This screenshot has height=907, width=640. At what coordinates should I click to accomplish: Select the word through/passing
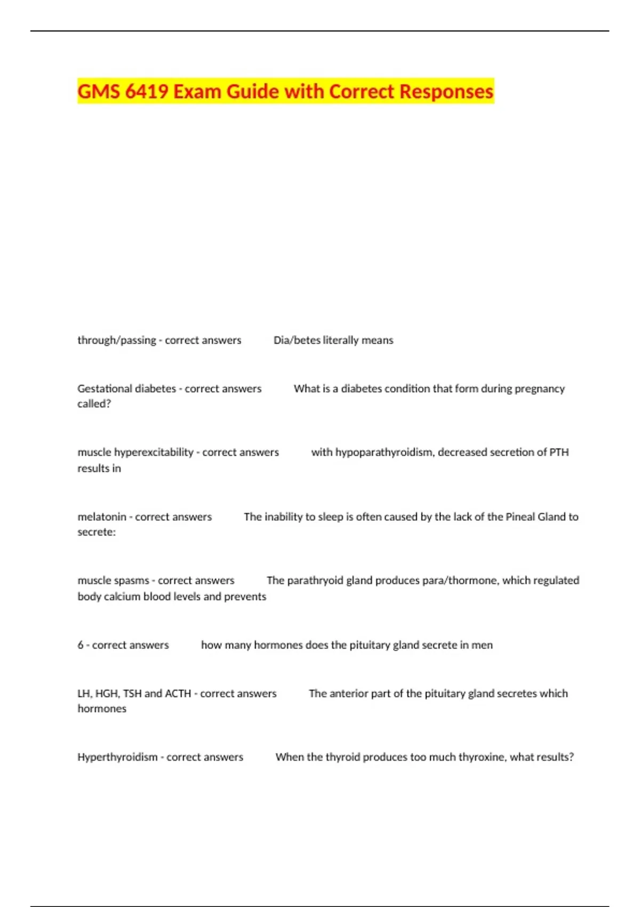click(117, 340)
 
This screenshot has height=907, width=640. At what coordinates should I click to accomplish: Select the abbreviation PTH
click(558, 452)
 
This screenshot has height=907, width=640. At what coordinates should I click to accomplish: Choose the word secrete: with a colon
click(97, 532)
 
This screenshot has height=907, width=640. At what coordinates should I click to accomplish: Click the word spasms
click(131, 580)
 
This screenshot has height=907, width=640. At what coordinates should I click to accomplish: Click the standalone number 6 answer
click(81, 645)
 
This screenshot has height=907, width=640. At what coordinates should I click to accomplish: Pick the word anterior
click(349, 693)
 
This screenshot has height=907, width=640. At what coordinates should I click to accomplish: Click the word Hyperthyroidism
click(117, 757)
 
